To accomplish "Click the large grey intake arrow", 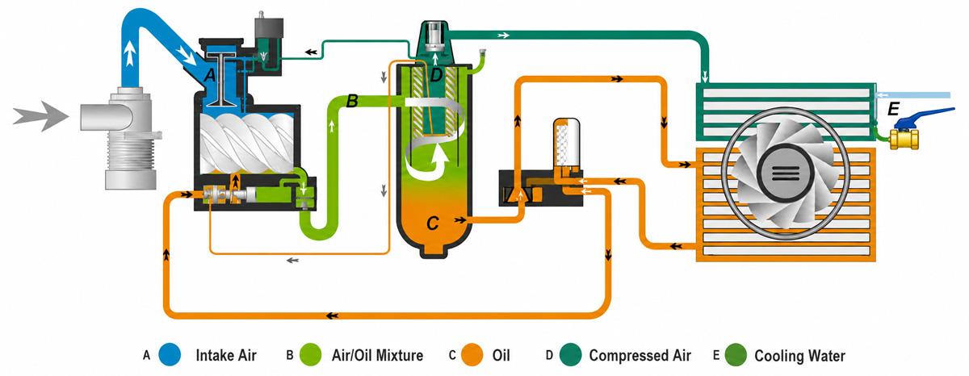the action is point(41,116).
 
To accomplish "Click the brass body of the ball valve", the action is point(904,139).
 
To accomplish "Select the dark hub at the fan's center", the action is point(785,173).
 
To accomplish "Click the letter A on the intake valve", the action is point(210,76).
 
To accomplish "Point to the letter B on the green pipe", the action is point(352,101).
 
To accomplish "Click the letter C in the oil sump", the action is point(433,223).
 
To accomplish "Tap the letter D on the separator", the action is point(436,76).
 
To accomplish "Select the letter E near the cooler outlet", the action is point(893,109).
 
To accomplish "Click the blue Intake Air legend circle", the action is point(170,355).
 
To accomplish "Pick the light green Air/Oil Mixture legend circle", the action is point(311,355).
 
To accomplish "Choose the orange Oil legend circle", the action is point(472,355).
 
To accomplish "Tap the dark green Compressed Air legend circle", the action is point(570,355).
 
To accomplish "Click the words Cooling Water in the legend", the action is point(800,356).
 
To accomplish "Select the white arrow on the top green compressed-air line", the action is point(504,35).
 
